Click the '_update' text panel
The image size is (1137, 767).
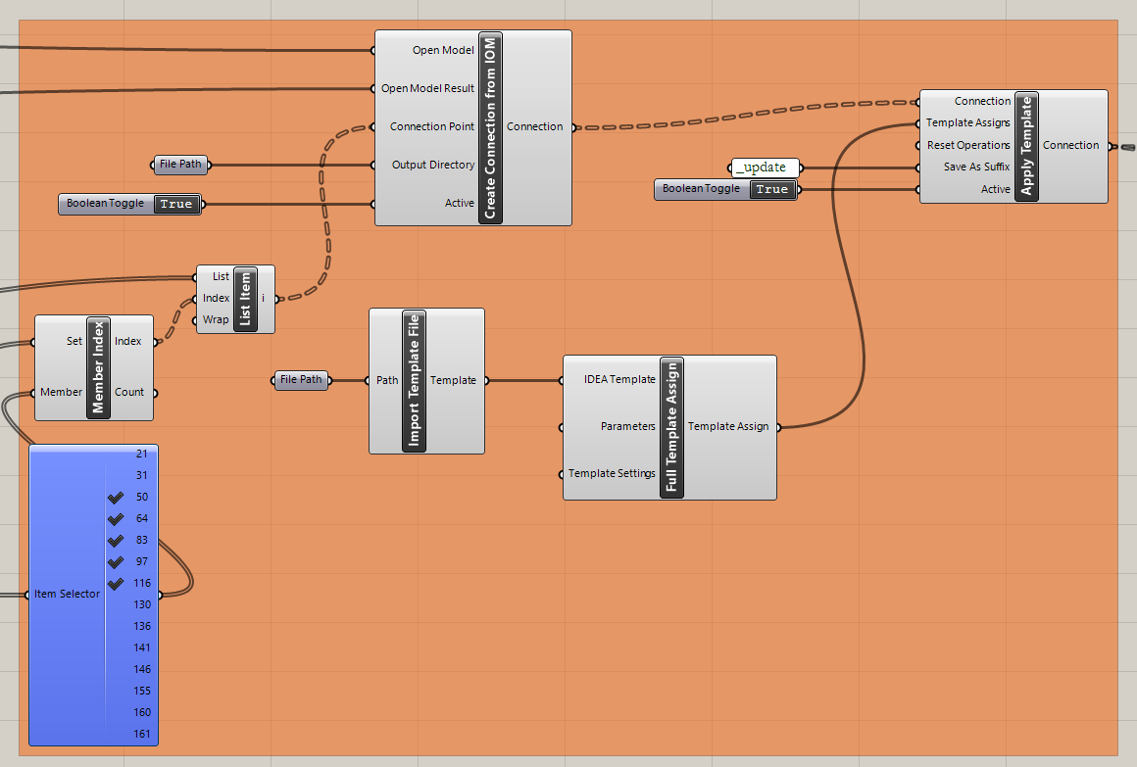pos(765,168)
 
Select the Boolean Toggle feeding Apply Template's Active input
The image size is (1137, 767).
pos(725,189)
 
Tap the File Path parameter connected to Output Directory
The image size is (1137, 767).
pos(180,165)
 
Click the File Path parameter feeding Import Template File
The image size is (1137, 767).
pos(301,380)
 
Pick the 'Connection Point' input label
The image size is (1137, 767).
pos(431,126)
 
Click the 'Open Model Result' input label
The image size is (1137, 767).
pos(427,88)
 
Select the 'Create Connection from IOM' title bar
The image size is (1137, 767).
pos(490,127)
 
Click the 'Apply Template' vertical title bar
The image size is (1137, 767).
pos(1025,146)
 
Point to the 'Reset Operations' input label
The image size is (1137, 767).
pos(968,145)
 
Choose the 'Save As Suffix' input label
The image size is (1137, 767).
pos(976,168)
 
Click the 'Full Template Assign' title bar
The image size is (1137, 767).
pos(671,427)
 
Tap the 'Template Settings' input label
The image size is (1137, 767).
pos(612,474)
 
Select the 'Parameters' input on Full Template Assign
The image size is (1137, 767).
pos(627,427)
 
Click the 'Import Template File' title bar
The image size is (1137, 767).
pos(414,381)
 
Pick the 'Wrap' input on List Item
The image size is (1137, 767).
pos(216,320)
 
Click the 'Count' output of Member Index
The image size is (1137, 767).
pos(129,392)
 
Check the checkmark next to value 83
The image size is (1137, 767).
pos(116,541)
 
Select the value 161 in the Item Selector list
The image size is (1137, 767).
pos(142,734)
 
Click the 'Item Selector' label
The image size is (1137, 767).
pos(67,594)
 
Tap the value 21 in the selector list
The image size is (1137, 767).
pos(142,455)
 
